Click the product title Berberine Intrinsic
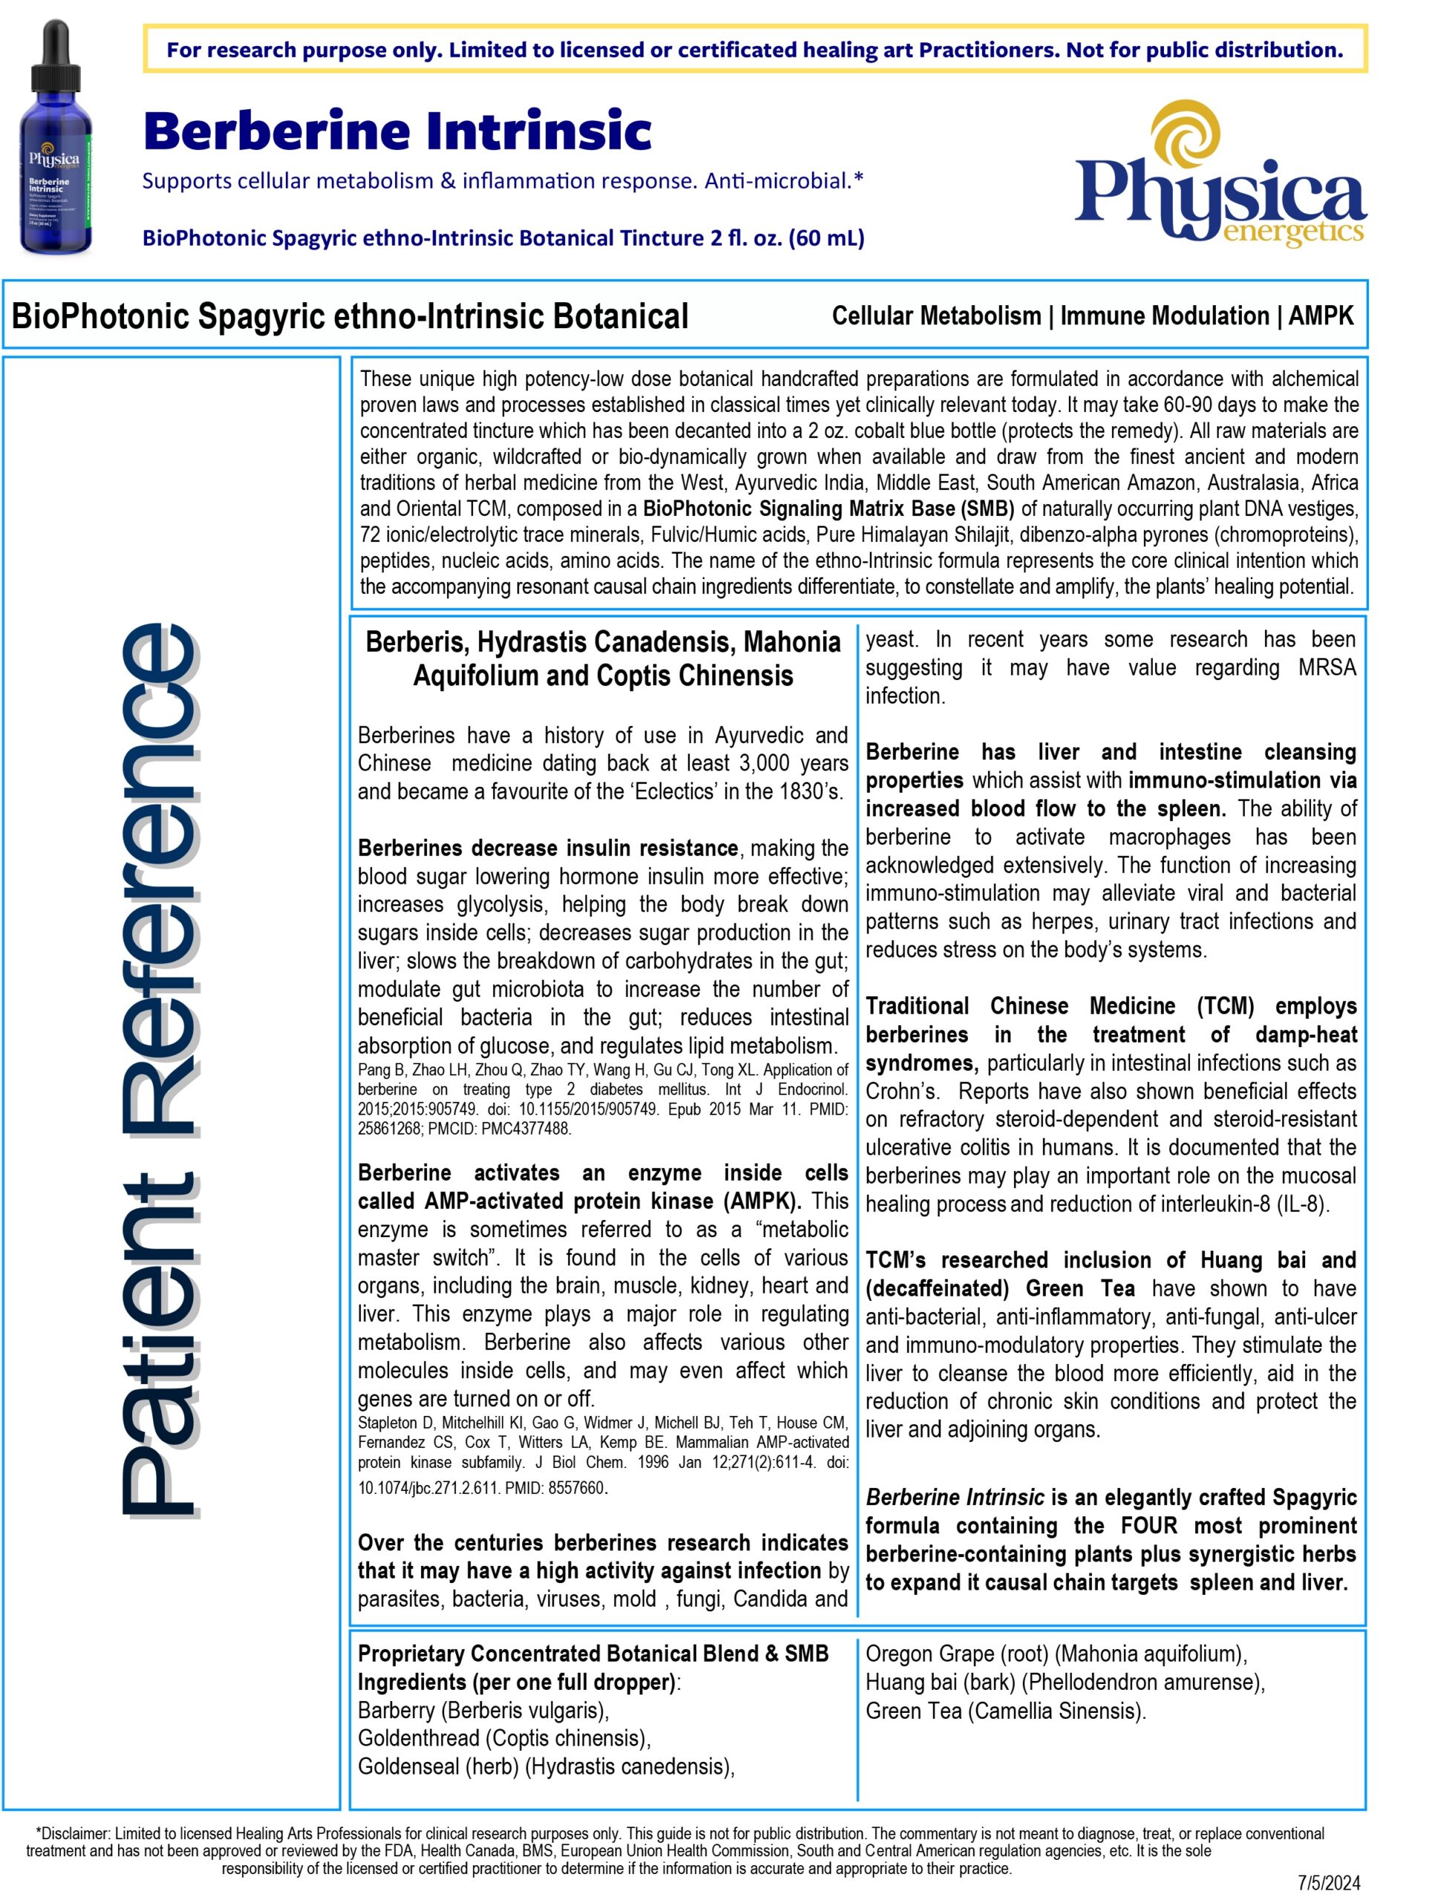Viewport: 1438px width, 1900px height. [x=397, y=131]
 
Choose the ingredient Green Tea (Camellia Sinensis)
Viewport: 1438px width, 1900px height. [x=1005, y=1710]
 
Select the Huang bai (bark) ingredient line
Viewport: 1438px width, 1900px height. [x=1065, y=1682]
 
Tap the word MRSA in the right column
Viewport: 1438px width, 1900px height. [x=1327, y=667]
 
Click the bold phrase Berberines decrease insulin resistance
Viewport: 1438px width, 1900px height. [x=547, y=848]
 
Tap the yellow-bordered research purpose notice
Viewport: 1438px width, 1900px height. [x=754, y=50]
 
